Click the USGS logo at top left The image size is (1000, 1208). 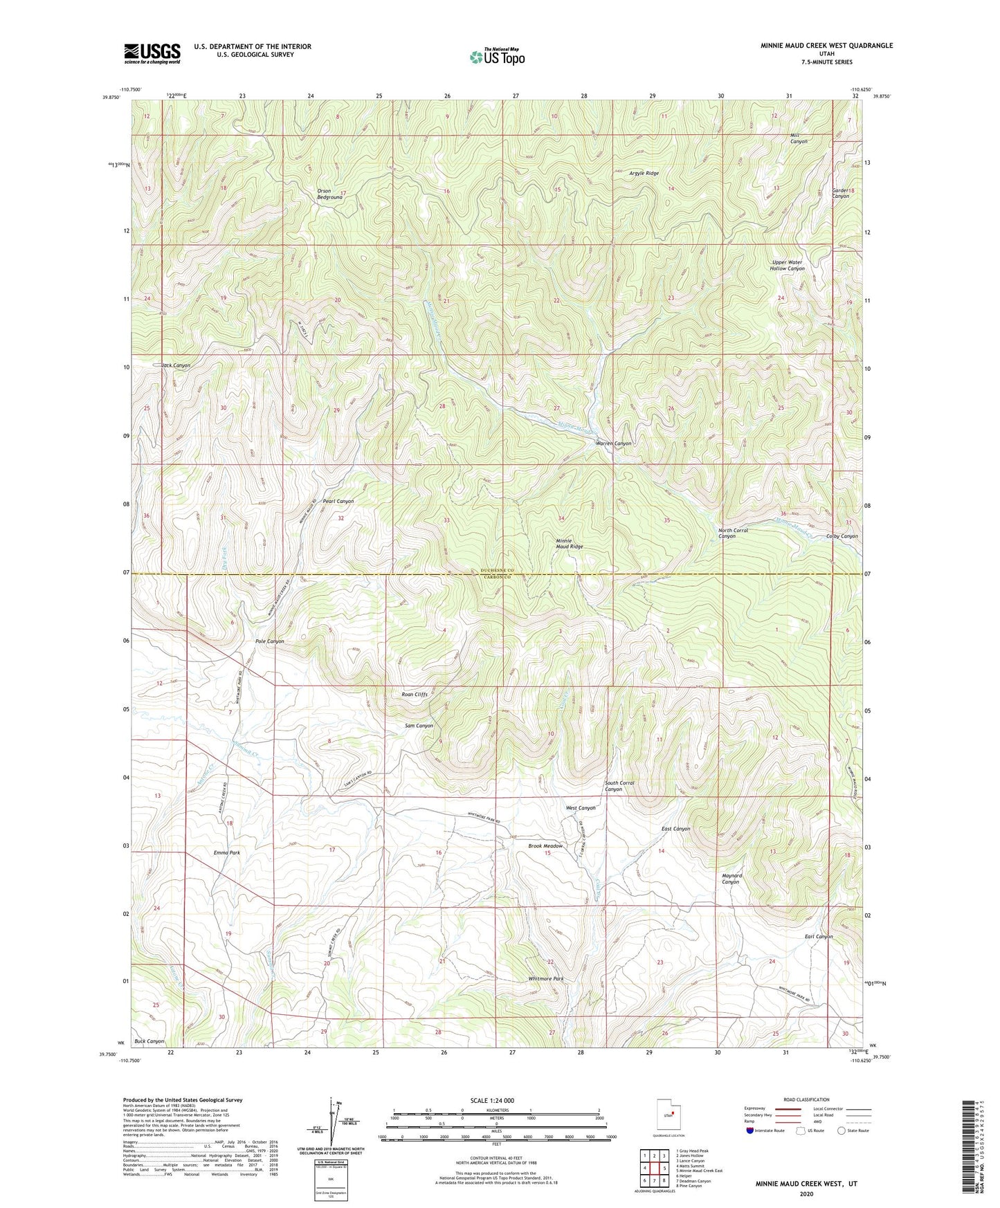pyautogui.click(x=152, y=53)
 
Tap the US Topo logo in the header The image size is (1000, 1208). pyautogui.click(x=496, y=57)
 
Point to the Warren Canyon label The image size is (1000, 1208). pyautogui.click(x=614, y=443)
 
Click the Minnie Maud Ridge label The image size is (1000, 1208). pyautogui.click(x=570, y=543)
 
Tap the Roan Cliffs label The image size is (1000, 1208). pyautogui.click(x=415, y=694)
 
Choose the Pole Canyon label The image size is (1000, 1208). pyautogui.click(x=269, y=641)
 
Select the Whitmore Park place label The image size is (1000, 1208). pyautogui.click(x=545, y=979)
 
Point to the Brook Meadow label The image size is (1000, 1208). pyautogui.click(x=545, y=846)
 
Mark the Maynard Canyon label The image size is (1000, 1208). pyautogui.click(x=731, y=879)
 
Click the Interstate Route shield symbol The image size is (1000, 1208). pyautogui.click(x=751, y=1131)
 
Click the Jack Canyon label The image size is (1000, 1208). pyautogui.click(x=176, y=365)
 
